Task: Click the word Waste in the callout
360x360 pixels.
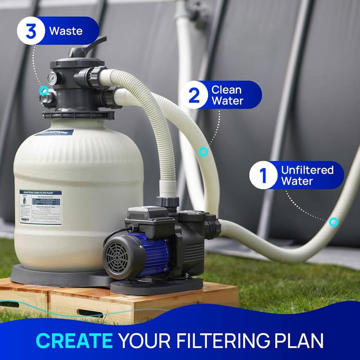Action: click(66, 31)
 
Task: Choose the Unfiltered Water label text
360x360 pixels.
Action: click(307, 175)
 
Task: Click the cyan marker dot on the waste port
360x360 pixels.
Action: click(43, 90)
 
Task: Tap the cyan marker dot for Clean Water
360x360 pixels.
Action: click(203, 152)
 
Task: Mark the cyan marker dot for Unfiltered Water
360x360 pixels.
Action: click(333, 222)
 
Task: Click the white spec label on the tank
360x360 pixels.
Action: click(40, 207)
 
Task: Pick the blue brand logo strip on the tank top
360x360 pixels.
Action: click(54, 132)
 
